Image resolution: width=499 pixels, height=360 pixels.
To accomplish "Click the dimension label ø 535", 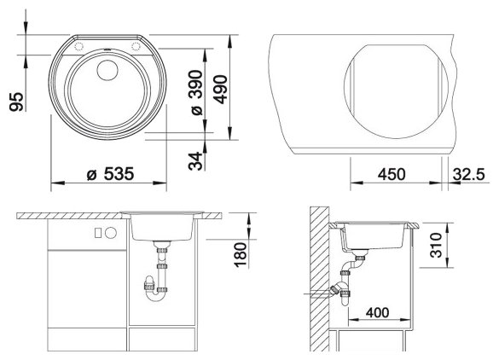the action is coord(110,174).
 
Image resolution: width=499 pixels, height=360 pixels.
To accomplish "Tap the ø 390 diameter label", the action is coord(195,92).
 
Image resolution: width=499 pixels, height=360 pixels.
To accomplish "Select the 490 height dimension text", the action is coord(220,90).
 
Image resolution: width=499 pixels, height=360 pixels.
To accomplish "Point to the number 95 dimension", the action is coord(16,102).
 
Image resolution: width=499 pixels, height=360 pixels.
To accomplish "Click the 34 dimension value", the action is coord(195,161).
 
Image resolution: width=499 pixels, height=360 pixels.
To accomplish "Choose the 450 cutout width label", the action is coord(392,174).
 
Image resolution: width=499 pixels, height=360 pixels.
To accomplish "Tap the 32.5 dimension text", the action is coord(469,174).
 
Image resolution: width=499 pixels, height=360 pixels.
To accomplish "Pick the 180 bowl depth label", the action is coord(241,255).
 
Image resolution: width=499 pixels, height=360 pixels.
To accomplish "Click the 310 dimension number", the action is coord(437,245).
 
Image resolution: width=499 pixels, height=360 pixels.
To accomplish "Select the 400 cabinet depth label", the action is coord(377,312).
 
